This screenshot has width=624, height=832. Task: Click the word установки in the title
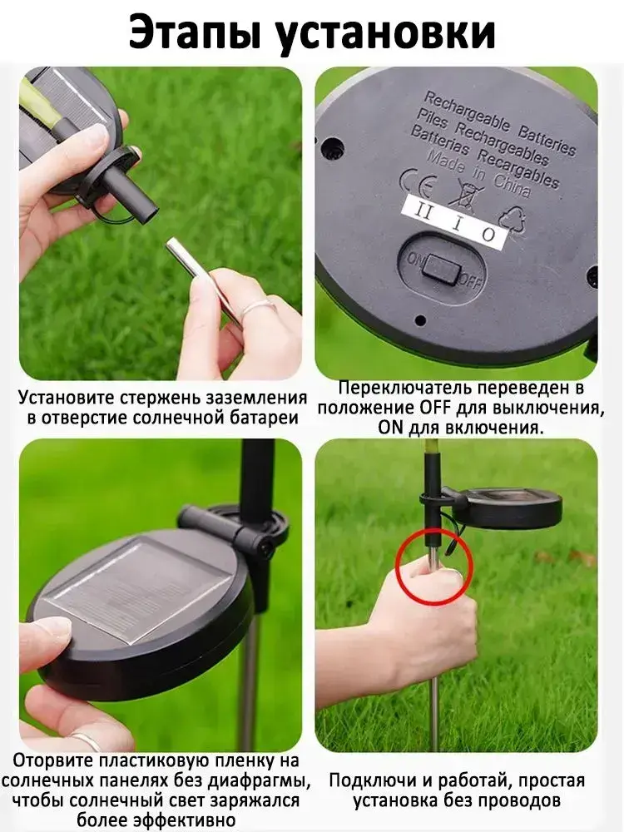(386, 33)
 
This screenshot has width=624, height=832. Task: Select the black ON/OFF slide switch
(440, 269)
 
